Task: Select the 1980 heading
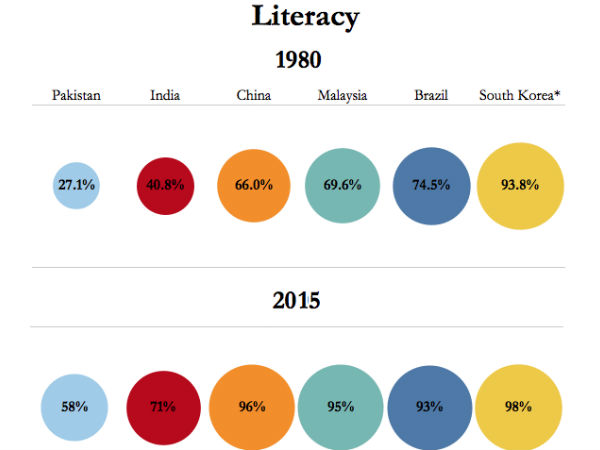coord(296,60)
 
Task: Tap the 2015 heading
coord(296,300)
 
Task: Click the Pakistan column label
coord(76,96)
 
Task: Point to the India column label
coord(165,96)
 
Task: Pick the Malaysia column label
coord(342,96)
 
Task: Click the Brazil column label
coord(431,96)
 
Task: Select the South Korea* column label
coord(520,96)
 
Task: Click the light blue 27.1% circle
coord(76,185)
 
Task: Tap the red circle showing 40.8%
coord(165,185)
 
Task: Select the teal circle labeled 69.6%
coord(342,185)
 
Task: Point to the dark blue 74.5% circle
coord(431,185)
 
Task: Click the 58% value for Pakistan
coord(74,407)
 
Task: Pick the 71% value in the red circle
coord(163,407)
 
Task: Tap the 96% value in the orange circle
coord(252,407)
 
